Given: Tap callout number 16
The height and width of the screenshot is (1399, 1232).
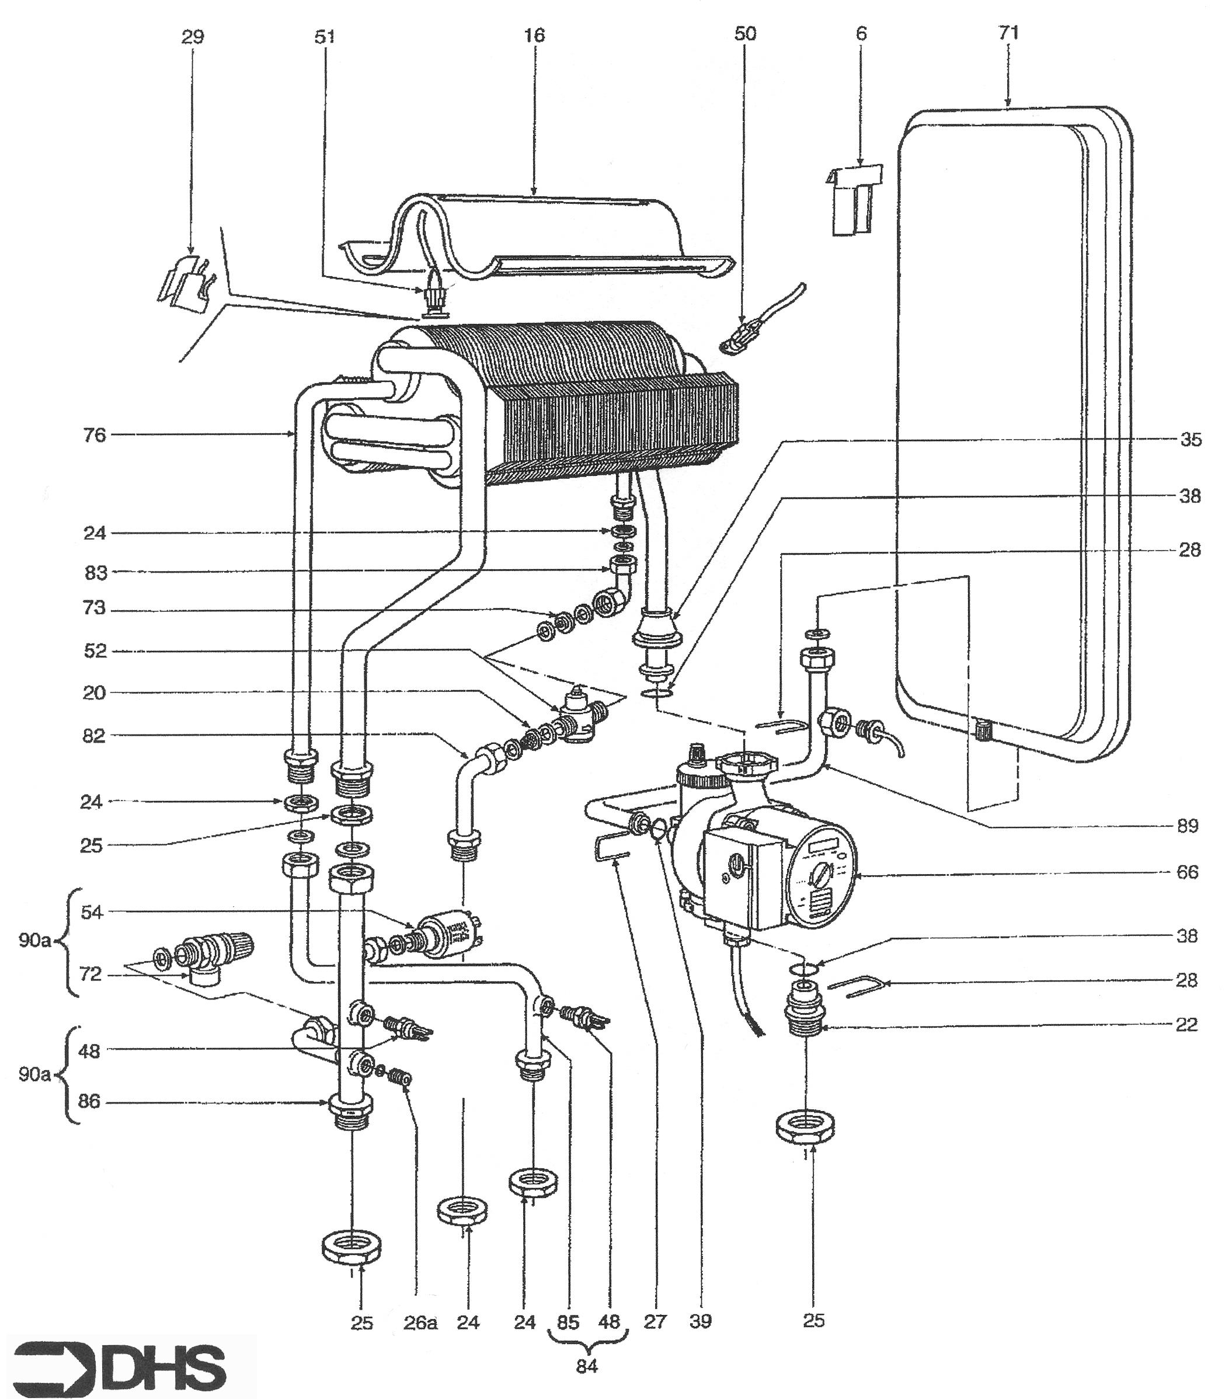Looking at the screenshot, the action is [535, 36].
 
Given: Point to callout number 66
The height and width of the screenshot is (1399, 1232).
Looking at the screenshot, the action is [1188, 873].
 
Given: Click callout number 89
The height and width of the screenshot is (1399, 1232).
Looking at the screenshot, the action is [1188, 826].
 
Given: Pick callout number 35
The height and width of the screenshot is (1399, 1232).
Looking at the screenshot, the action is [1191, 440].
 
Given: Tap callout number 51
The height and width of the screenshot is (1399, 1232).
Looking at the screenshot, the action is [325, 36].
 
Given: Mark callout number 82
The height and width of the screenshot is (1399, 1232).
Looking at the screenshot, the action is [95, 736].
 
